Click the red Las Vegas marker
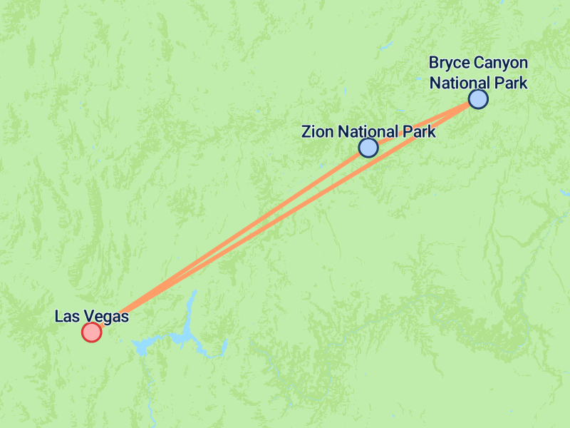pos(91,332)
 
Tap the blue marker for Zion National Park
pos(368,148)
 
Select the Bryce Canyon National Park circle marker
pos(478,99)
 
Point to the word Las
pos(67,316)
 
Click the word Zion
pos(317,132)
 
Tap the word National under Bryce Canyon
pos(460,83)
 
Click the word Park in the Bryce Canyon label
pos(511,83)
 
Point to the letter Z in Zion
pos(306,132)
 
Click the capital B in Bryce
pos(433,63)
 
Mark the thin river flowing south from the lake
pos(150,399)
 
